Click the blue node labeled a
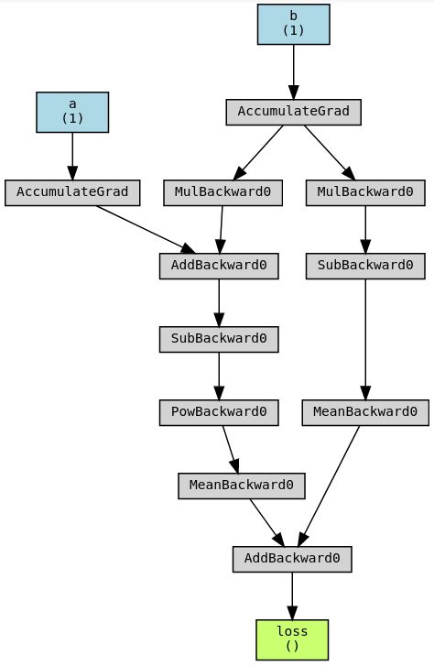point(72,112)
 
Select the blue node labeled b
point(293,24)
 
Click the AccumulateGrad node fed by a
point(72,192)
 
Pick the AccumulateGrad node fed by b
point(293,112)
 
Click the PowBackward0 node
point(218,412)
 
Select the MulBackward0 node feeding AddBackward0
point(222,192)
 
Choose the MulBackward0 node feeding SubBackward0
point(365,192)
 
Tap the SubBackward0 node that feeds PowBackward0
point(218,339)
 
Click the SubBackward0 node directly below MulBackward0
point(365,266)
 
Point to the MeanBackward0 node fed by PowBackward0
point(241,486)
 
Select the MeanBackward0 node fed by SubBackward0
point(365,412)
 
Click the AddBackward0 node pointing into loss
point(292,559)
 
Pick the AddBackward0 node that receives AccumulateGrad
point(218,266)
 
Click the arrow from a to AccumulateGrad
point(72,156)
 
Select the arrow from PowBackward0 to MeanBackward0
point(230,449)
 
